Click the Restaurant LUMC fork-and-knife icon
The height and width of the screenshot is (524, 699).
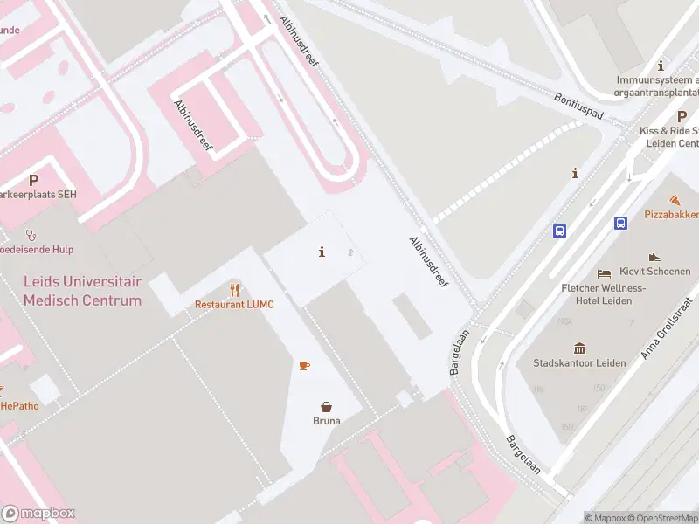click(234, 289)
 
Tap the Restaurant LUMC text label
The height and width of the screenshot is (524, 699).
click(234, 304)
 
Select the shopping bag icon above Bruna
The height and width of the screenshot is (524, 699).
click(326, 406)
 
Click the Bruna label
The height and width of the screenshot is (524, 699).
click(326, 420)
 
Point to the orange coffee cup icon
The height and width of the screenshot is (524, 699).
click(303, 364)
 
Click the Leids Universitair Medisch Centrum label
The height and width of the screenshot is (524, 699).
click(82, 293)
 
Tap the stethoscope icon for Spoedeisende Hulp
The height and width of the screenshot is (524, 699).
click(31, 234)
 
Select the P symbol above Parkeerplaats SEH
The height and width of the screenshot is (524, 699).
click(33, 181)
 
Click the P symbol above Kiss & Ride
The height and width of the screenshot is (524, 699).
click(682, 116)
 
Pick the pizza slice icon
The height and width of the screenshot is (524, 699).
click(675, 201)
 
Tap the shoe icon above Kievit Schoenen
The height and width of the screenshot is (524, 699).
click(654, 257)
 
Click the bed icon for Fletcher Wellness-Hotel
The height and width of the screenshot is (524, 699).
click(604, 274)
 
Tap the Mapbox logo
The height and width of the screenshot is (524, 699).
click(39, 514)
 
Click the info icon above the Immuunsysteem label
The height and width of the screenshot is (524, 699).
click(661, 65)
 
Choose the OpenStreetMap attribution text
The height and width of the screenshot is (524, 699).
click(665, 518)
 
